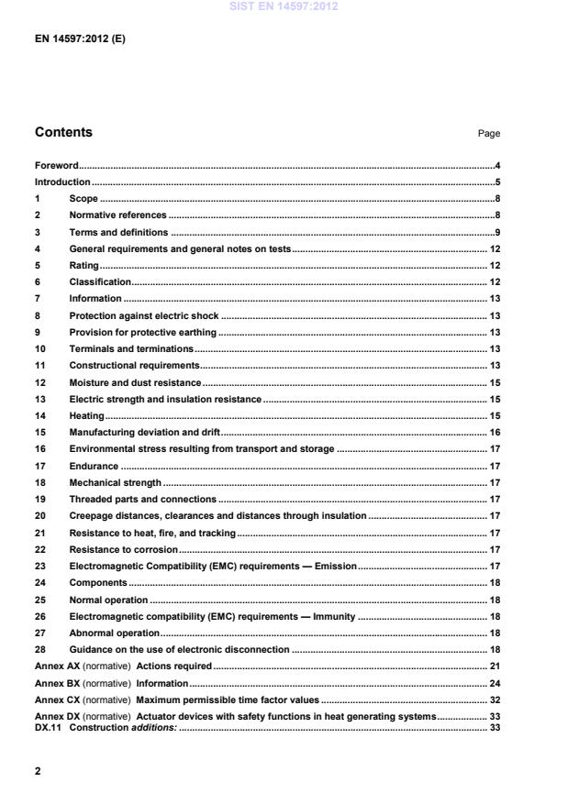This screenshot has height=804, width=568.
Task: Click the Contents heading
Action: tap(63, 132)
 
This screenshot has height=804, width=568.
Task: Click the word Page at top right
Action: tap(488, 134)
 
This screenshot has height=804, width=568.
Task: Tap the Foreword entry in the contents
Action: tap(56, 166)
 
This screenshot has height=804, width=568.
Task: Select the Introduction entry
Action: tap(62, 182)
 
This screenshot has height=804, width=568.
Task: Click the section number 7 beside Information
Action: tap(38, 298)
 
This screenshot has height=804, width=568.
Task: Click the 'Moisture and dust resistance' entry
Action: tap(135, 382)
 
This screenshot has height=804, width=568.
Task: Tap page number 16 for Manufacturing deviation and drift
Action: tap(494, 433)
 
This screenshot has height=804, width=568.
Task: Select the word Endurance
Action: tap(94, 466)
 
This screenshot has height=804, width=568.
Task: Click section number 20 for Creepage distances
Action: tap(40, 516)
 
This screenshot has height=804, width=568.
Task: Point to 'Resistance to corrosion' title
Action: tap(123, 549)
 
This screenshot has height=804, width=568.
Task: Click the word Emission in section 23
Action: tap(335, 567)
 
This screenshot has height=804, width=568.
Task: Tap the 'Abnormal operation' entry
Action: tap(115, 633)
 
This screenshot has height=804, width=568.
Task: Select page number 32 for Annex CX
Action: tap(494, 700)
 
